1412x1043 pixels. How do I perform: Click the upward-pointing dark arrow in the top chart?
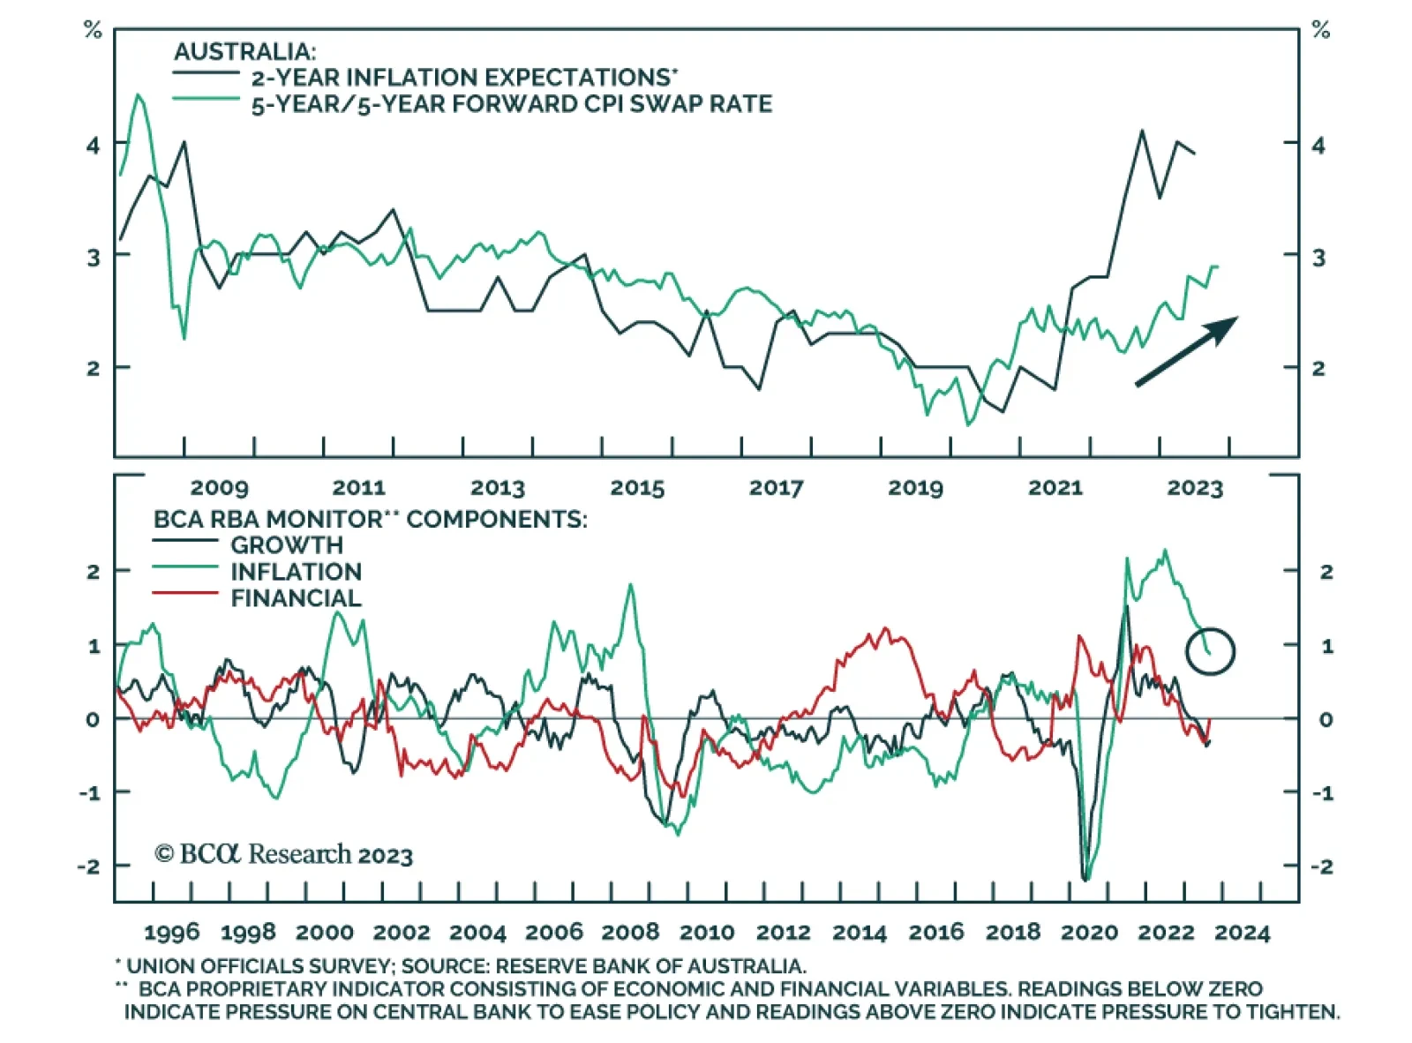1186,351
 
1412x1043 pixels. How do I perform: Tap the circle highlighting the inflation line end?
1211,651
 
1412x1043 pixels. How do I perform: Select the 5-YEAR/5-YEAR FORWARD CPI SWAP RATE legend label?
511,104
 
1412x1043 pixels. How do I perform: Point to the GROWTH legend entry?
286,544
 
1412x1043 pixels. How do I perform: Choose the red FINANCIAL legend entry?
296,597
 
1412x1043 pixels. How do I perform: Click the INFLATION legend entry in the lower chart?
296,571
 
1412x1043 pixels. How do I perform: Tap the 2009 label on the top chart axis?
219,487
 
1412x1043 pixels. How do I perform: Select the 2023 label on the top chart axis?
1195,487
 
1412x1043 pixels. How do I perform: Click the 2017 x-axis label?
776,487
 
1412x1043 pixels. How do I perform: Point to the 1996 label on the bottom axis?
171,932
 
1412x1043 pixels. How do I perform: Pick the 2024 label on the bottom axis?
1242,932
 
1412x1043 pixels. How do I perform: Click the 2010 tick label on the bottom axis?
707,932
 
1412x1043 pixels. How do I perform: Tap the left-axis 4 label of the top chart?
93,145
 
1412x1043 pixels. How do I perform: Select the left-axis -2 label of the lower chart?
88,866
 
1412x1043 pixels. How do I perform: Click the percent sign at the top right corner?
1320,31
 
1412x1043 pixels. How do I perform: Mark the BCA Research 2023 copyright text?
283,854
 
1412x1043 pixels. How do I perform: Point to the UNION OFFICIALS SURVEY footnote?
463,966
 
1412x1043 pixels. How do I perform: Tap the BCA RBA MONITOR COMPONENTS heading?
370,519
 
